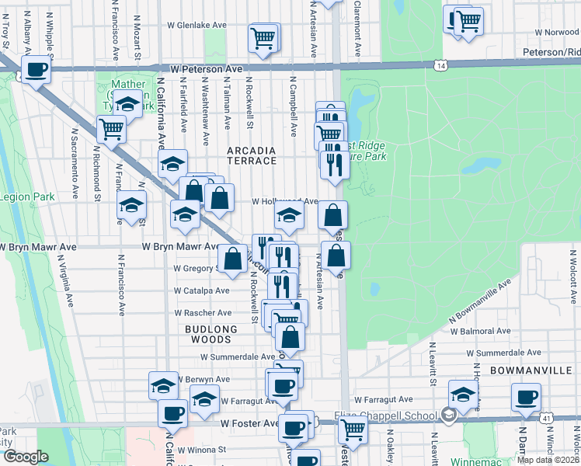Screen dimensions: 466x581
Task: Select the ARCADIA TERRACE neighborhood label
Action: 251,155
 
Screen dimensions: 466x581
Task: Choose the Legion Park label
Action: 27,196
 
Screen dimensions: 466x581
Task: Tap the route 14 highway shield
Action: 441,67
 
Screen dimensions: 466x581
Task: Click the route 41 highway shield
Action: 548,419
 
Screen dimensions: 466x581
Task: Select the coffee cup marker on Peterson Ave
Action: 35,71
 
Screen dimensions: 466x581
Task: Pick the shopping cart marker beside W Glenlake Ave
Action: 264,37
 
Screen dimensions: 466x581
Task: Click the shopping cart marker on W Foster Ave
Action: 353,428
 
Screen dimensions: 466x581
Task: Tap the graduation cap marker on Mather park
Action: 128,103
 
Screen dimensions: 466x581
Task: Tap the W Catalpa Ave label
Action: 201,290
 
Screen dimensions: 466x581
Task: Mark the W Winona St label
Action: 200,449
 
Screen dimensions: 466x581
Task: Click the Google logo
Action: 26,457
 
